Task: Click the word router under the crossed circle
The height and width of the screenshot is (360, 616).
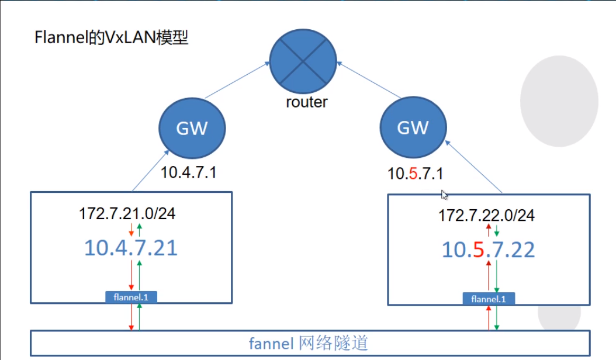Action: pyautogui.click(x=307, y=102)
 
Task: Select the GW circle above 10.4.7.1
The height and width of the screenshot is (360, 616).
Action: pyautogui.click(x=192, y=127)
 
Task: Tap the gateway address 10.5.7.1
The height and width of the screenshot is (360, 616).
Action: pyautogui.click(x=416, y=174)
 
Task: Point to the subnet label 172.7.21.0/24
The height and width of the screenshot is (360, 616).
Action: pyautogui.click(x=127, y=213)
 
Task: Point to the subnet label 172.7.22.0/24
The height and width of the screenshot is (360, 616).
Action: pyautogui.click(x=486, y=216)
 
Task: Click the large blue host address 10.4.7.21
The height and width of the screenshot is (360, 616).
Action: pyautogui.click(x=131, y=248)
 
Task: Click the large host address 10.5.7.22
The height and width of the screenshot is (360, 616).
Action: pyautogui.click(x=488, y=250)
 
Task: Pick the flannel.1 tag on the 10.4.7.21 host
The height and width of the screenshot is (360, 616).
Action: pyautogui.click(x=131, y=297)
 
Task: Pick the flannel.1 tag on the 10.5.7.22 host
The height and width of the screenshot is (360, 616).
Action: pyautogui.click(x=489, y=299)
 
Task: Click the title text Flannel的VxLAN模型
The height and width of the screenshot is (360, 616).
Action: pyautogui.click(x=112, y=39)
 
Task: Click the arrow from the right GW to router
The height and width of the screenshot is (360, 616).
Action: pyautogui.click(x=368, y=81)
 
